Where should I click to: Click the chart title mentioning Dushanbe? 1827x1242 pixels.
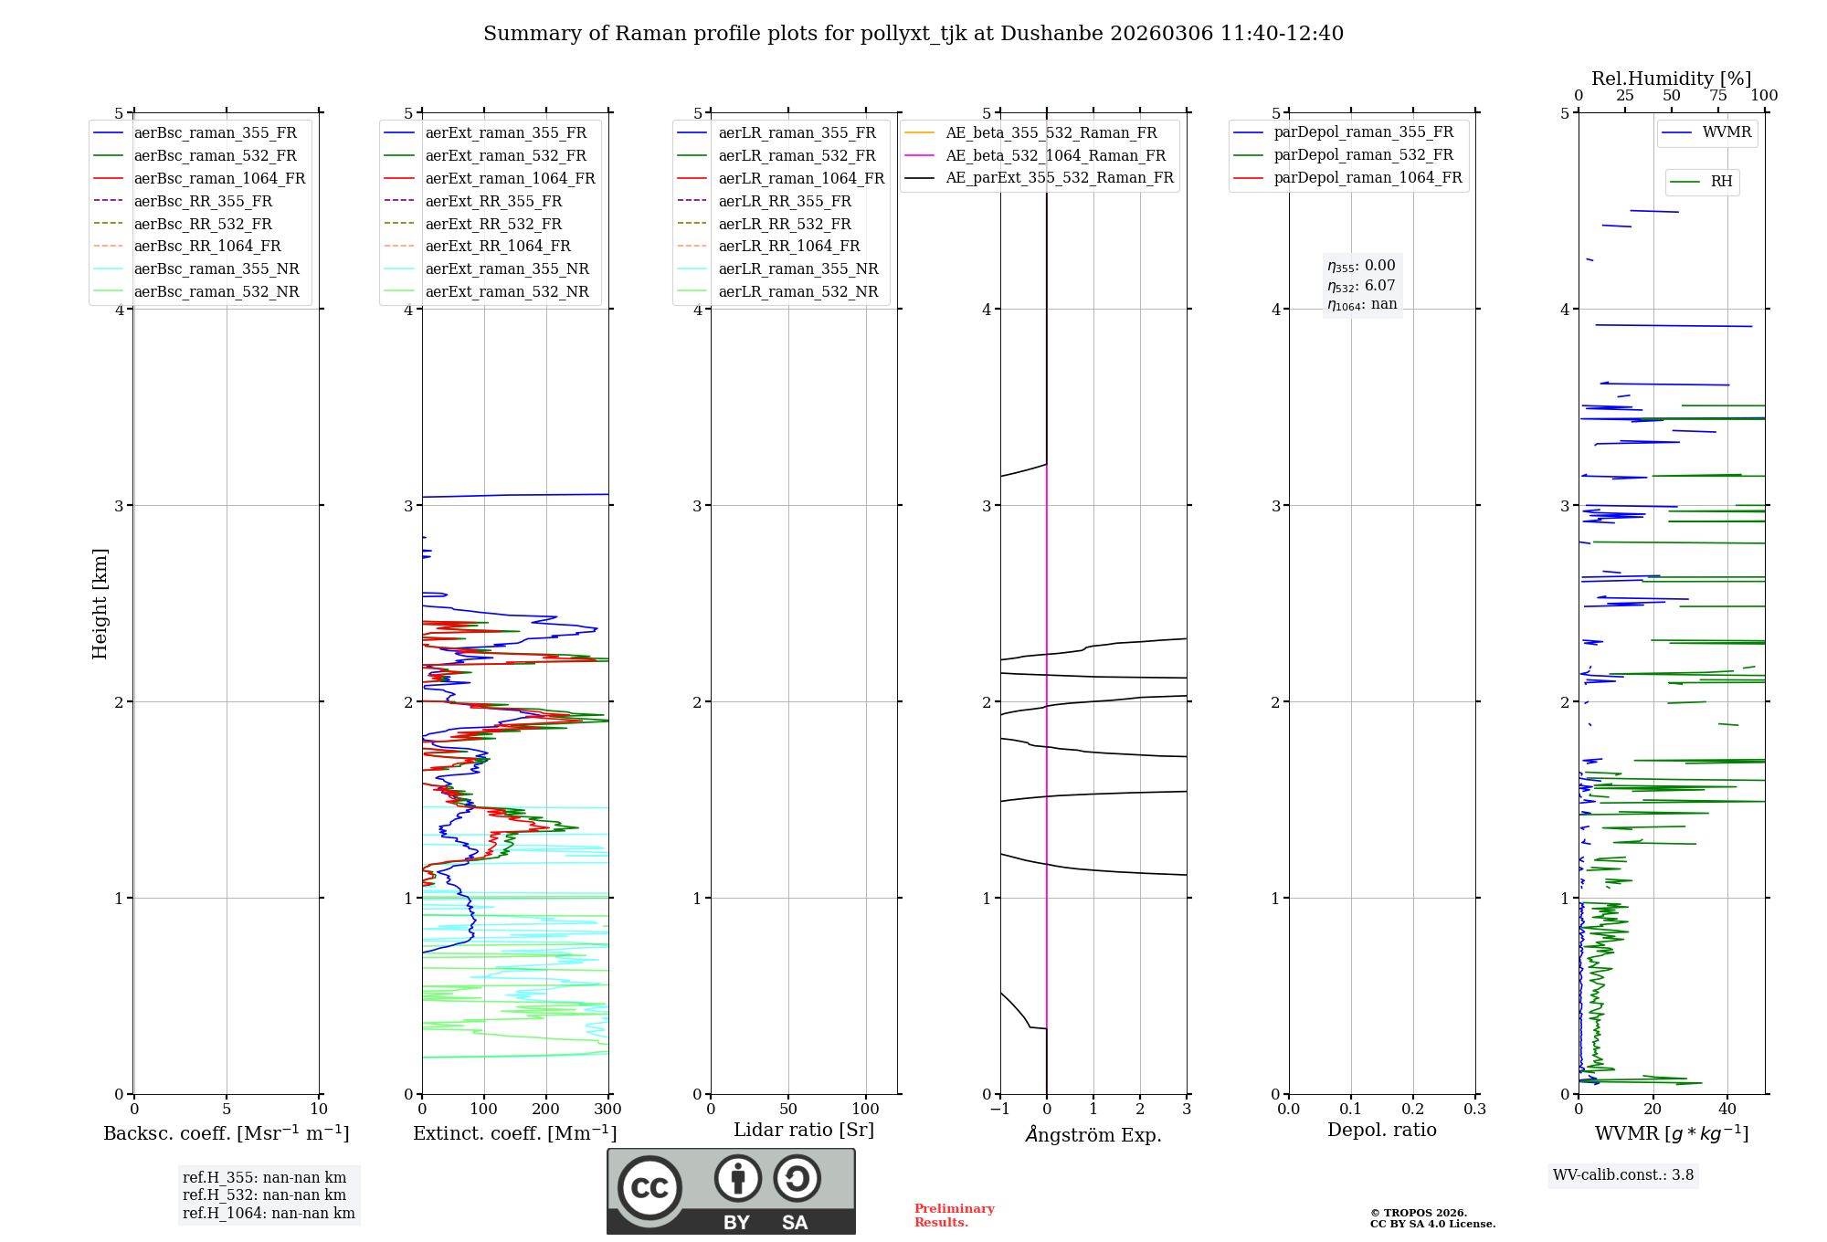click(913, 34)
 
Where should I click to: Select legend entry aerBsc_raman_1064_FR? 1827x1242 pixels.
click(219, 178)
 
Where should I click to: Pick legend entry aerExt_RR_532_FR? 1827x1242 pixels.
click(493, 224)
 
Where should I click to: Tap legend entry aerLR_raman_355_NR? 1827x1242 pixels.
click(797, 268)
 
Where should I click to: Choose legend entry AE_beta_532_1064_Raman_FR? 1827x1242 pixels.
click(1055, 155)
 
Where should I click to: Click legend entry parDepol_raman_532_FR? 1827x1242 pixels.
click(1363, 155)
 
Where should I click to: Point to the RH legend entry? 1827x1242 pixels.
click(1721, 182)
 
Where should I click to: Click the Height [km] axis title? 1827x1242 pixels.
click(100, 604)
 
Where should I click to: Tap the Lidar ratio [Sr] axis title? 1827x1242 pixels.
click(804, 1130)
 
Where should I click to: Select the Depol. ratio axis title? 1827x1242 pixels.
click(1381, 1130)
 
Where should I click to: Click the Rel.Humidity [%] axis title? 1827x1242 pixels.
click(1671, 79)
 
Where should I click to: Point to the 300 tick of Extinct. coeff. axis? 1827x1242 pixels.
click(607, 1110)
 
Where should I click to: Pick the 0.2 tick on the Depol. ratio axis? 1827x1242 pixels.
click(1412, 1110)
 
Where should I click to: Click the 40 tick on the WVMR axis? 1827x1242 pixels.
click(1727, 1110)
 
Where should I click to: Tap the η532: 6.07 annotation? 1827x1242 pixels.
click(1361, 286)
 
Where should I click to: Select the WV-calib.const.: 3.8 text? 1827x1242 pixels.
click(1622, 1175)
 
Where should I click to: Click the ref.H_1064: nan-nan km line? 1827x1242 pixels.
click(269, 1213)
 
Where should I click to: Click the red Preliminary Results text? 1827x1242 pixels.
click(954, 1216)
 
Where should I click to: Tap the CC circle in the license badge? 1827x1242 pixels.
click(649, 1188)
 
